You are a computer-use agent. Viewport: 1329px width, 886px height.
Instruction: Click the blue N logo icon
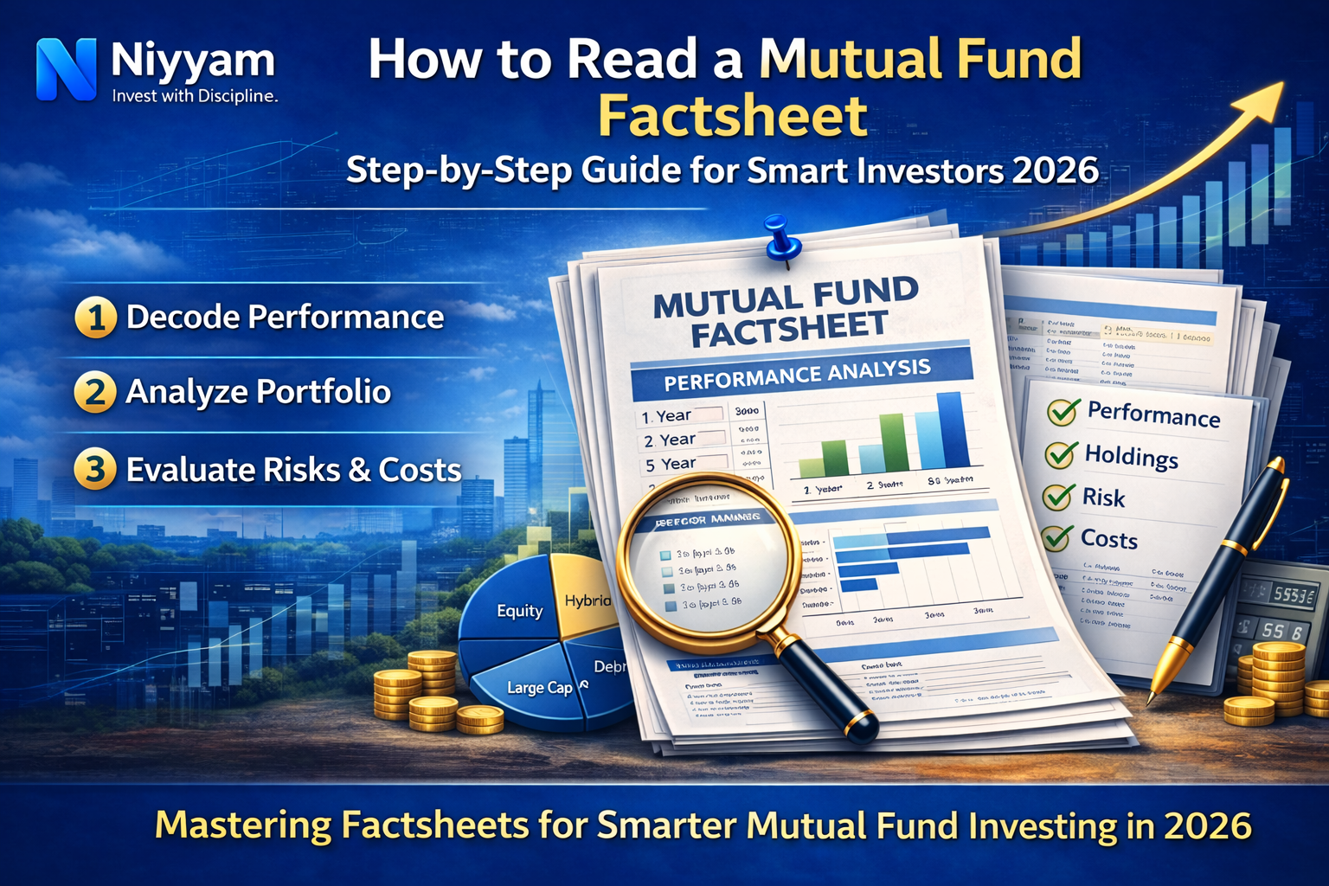click(x=66, y=69)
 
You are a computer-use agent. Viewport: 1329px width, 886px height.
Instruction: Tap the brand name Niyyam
click(x=192, y=61)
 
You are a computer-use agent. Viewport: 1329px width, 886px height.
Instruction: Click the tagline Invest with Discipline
click(x=195, y=96)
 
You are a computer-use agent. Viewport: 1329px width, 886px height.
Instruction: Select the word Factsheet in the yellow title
click(x=732, y=117)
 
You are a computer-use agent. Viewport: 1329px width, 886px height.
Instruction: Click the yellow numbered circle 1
click(x=95, y=318)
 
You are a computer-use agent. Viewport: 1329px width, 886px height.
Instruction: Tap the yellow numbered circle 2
click(x=95, y=392)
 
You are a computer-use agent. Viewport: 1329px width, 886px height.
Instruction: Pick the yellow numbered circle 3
click(x=95, y=470)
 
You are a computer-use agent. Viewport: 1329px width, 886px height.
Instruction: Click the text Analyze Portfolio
click(x=258, y=392)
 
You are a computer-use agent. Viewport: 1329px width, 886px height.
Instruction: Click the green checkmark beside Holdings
click(x=1061, y=453)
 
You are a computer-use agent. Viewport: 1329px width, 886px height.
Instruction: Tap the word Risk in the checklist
click(x=1103, y=498)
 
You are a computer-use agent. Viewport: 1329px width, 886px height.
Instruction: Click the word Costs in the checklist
click(x=1108, y=539)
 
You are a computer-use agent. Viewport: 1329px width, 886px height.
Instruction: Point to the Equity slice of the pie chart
click(x=519, y=611)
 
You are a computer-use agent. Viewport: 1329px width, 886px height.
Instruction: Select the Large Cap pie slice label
click(x=539, y=688)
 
